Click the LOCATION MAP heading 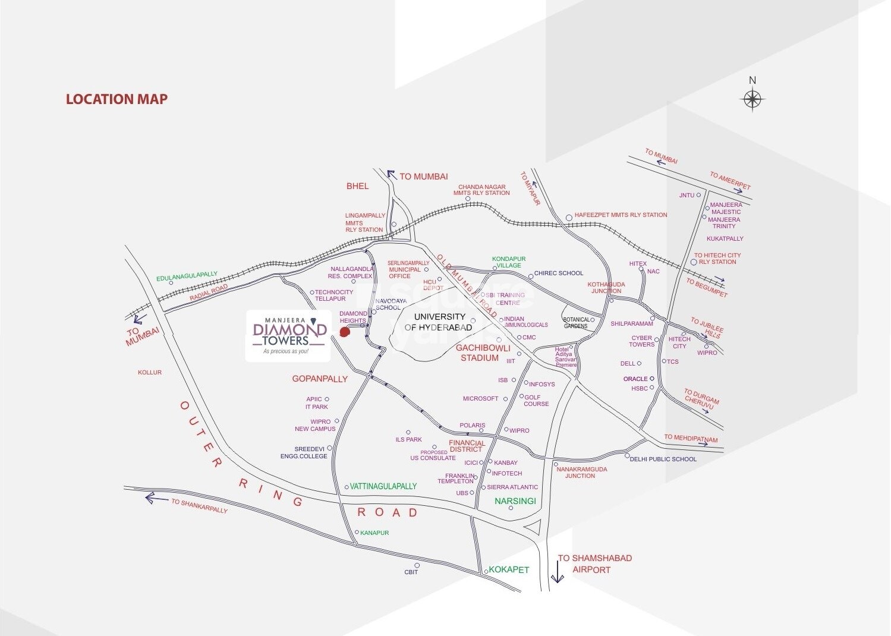coord(117,99)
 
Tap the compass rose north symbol coord(753,98)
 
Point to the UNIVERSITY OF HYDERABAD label coord(439,322)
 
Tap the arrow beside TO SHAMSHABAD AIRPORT coord(557,572)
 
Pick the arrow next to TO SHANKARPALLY coord(157,498)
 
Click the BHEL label coord(357,186)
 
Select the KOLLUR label coord(150,373)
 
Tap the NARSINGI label coord(515,501)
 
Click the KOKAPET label coord(509,569)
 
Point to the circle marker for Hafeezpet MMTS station coord(569,218)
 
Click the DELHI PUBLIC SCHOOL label coord(663,459)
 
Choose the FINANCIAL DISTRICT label coord(467,446)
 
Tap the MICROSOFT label coord(480,399)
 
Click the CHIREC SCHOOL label coord(559,273)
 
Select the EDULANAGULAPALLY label coord(187,276)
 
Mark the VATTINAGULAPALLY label coord(383,486)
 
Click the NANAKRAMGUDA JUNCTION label coord(581,473)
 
